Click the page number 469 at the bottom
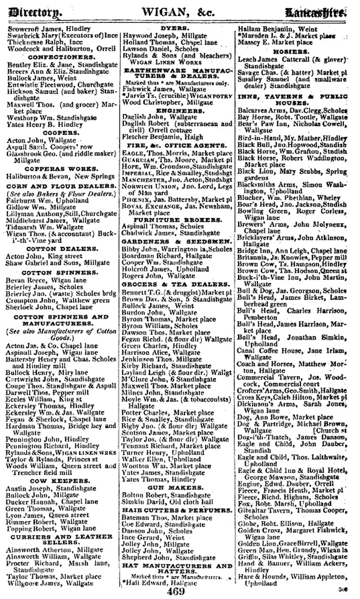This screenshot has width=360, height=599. [179, 592]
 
